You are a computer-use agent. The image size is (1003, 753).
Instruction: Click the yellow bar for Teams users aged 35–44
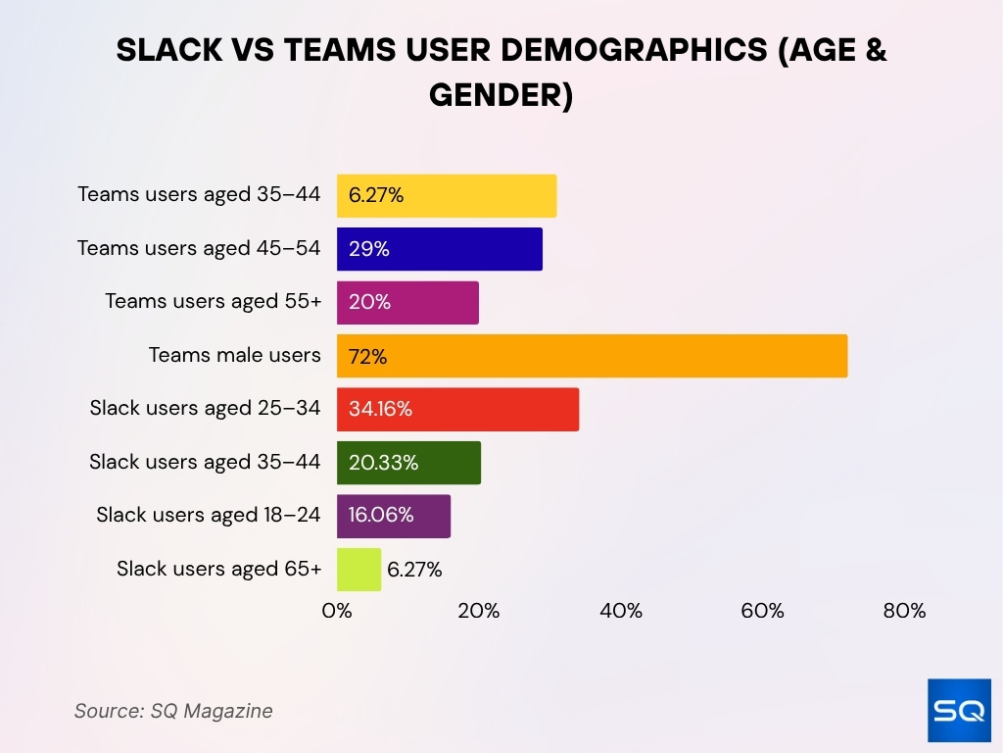(447, 196)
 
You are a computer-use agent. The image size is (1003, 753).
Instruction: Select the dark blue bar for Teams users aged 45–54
(440, 249)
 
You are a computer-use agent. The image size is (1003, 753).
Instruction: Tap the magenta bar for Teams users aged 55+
(407, 302)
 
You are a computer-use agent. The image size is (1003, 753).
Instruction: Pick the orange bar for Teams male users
(592, 356)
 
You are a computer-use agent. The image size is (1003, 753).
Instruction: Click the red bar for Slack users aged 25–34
(457, 409)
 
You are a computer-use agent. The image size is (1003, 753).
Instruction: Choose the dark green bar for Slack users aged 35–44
(408, 462)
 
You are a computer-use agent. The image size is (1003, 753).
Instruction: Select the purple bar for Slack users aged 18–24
(394, 516)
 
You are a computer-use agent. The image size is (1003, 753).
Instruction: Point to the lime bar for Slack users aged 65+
(358, 569)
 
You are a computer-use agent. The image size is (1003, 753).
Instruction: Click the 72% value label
(367, 357)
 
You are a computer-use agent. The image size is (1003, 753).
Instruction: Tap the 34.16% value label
(380, 410)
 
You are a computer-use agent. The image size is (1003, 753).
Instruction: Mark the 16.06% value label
(380, 516)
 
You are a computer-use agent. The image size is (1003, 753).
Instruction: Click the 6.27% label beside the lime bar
(414, 570)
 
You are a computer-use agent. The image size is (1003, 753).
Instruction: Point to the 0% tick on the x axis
(337, 611)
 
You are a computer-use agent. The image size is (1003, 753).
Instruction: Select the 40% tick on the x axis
(621, 611)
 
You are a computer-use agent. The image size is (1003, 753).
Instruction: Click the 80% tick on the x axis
(904, 611)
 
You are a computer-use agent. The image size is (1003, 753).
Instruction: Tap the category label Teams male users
(234, 355)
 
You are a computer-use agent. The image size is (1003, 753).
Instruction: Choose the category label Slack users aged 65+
(218, 569)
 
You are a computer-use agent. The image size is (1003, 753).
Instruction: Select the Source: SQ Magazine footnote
(173, 711)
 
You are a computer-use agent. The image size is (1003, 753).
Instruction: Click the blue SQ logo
(959, 710)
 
